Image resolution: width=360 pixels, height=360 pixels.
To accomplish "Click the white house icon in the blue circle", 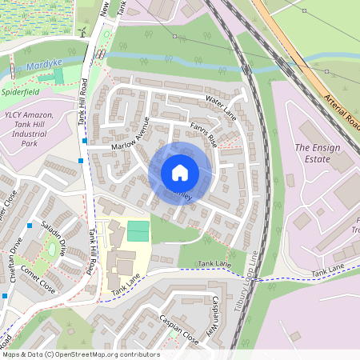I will click(180, 173).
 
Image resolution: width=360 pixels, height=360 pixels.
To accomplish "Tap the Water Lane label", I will click(222, 104).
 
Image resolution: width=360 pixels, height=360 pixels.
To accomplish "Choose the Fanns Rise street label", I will click(203, 132).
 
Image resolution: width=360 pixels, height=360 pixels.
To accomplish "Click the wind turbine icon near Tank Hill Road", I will click(82, 31).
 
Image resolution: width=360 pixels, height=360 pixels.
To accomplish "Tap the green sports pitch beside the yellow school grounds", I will click(138, 230).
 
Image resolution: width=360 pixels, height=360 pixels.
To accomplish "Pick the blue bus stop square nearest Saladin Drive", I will click(30, 225).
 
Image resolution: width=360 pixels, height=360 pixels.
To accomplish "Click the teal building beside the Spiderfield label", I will click(58, 77).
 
